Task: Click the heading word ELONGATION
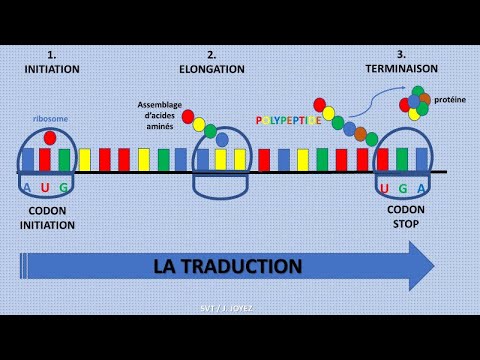(x=211, y=69)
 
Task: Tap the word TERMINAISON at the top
(x=401, y=69)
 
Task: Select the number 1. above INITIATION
(x=52, y=54)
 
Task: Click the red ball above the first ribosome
(x=50, y=137)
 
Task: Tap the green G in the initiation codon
(x=64, y=187)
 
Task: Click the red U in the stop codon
(x=383, y=188)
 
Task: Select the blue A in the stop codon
(x=421, y=188)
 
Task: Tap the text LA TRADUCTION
(x=227, y=267)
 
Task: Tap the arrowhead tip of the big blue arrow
(x=433, y=266)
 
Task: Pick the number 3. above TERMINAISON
(x=401, y=54)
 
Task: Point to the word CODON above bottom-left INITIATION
(x=48, y=211)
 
